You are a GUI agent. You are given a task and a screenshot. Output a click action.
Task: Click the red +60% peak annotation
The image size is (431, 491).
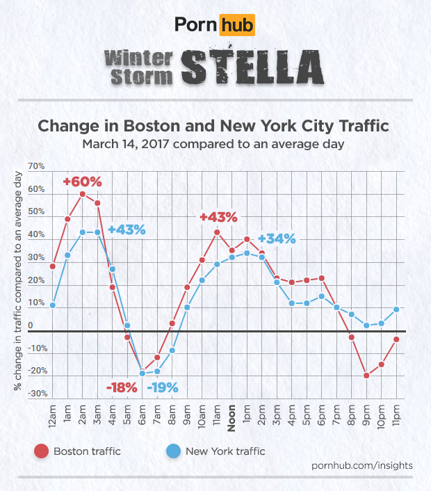(x=82, y=182)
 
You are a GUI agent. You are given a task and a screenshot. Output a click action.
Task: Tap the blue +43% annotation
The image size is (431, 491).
(x=126, y=230)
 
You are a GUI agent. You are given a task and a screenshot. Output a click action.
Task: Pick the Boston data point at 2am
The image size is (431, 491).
(x=82, y=194)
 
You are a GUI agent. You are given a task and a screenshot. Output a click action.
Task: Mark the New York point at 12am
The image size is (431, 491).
(x=53, y=305)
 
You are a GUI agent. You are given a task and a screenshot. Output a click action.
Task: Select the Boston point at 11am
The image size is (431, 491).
(x=217, y=232)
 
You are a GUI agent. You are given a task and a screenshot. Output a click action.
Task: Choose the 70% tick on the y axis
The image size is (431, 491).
(x=36, y=168)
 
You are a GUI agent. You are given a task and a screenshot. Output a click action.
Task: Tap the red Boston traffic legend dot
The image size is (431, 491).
(x=40, y=451)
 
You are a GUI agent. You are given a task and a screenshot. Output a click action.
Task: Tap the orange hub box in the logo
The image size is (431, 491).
(x=237, y=26)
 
